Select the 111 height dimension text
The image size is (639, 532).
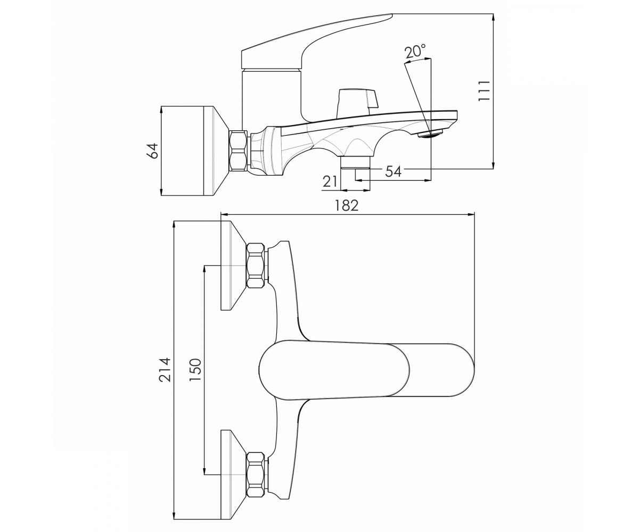tap(484, 90)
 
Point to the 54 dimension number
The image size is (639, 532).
tap(394, 171)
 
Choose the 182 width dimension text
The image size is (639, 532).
tap(346, 205)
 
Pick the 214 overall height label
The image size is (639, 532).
tap(166, 369)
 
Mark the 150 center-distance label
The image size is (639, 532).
tap(195, 369)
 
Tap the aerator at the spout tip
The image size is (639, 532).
tap(430, 134)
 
